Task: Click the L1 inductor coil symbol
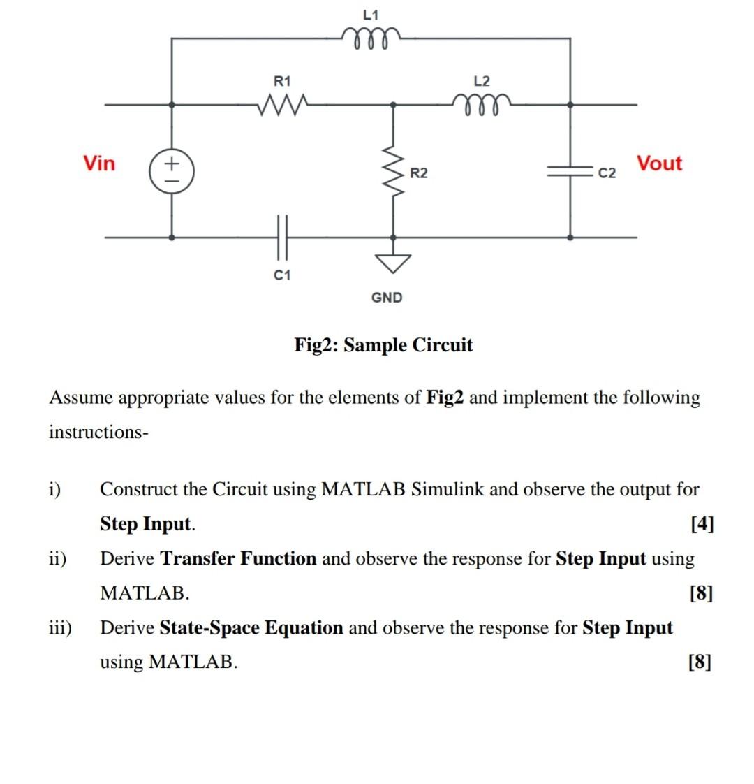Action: pos(371,35)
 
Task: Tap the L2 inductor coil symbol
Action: pos(482,106)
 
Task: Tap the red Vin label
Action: pos(99,164)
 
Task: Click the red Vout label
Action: pos(659,164)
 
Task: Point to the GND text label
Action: pos(387,298)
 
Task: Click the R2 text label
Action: pos(419,173)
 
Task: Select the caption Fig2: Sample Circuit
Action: pos(383,345)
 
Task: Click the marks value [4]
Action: pos(701,524)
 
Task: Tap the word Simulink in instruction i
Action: pos(448,489)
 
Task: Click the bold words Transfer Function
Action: pos(238,559)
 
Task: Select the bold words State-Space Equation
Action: pos(251,628)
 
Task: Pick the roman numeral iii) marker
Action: pos(60,628)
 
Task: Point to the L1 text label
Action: pos(371,14)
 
